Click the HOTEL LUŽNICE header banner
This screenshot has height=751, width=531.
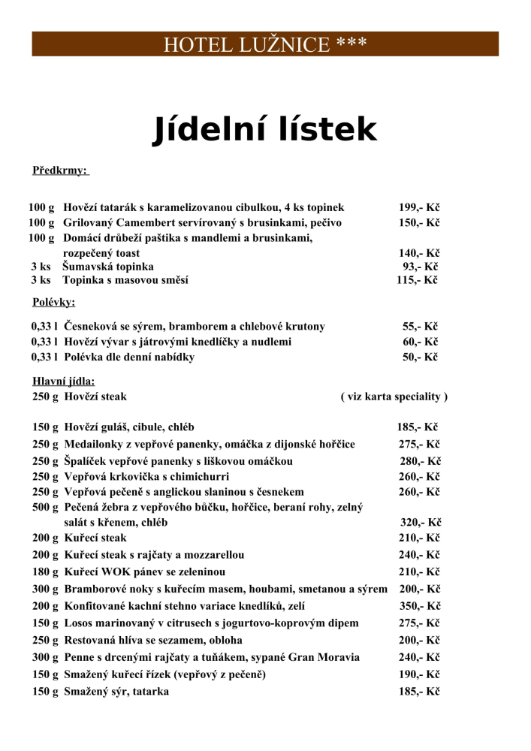click(x=265, y=44)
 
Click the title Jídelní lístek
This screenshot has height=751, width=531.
click(x=265, y=129)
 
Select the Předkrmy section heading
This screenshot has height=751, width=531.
click(x=61, y=170)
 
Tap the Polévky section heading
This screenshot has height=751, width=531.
click(x=54, y=303)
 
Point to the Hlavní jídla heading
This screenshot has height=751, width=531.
click(x=64, y=382)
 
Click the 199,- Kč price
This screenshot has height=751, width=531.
click(x=419, y=207)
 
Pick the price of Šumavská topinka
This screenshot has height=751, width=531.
click(x=421, y=267)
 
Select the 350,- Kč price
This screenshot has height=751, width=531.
click(x=420, y=606)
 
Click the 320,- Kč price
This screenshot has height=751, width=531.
click(x=420, y=523)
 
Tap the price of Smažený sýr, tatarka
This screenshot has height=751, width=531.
click(x=419, y=692)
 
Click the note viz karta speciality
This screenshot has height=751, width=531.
click(x=394, y=397)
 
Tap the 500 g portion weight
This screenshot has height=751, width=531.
click(x=45, y=508)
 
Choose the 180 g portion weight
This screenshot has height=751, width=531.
click(x=45, y=572)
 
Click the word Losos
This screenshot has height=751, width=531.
click(x=78, y=623)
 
